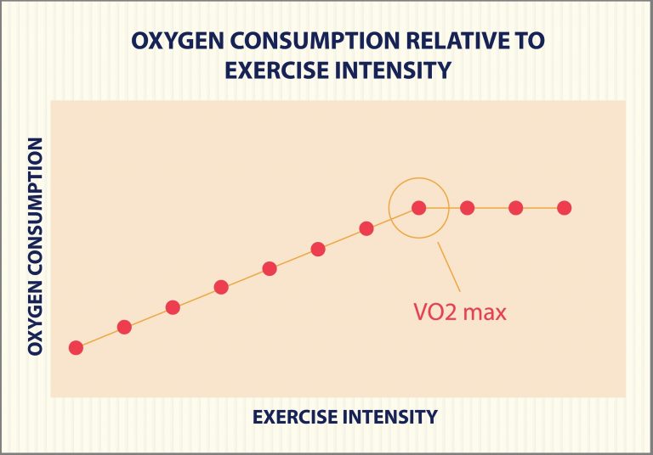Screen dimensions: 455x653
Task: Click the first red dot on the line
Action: coord(76,347)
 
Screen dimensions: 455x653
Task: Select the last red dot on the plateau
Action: coord(564,208)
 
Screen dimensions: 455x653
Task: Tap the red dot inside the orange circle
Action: coord(418,208)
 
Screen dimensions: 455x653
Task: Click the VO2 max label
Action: coord(454,312)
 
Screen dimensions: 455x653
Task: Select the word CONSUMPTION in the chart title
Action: coord(294,40)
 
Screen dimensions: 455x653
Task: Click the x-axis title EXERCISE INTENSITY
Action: coord(344,417)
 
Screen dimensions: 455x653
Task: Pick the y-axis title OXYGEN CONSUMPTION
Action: coord(35,248)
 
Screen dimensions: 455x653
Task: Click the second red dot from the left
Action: coord(124,327)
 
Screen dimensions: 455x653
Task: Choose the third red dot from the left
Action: coord(173,307)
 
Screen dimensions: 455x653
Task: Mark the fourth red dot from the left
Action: coord(221,287)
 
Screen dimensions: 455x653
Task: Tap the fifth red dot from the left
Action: coord(270,268)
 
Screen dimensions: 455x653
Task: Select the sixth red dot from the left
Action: coord(318,249)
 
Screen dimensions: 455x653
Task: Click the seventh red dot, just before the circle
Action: coord(366,228)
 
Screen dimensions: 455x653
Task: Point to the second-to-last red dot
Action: coord(515,208)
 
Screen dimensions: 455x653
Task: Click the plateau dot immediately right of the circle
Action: coord(467,208)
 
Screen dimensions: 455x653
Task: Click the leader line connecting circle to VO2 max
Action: coord(449,268)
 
